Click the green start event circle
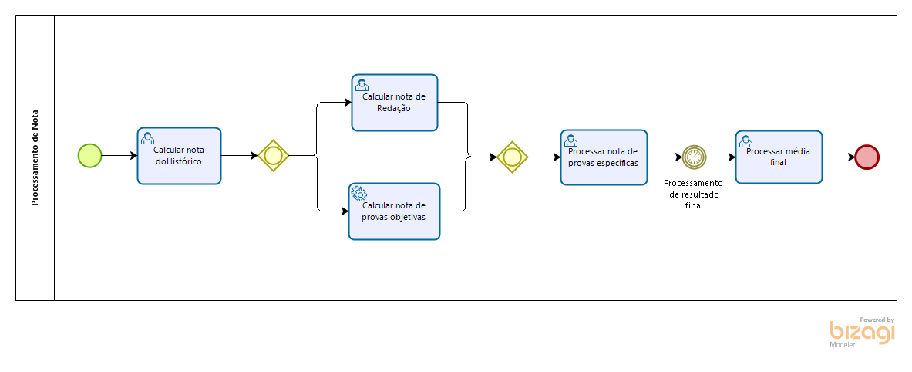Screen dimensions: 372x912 point(89,156)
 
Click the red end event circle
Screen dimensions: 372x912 point(867,157)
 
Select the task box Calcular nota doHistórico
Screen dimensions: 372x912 point(179,156)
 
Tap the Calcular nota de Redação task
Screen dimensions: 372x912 point(394,103)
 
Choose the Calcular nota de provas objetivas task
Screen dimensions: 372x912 point(394,211)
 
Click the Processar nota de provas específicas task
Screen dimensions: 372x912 point(604,157)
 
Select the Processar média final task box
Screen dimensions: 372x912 point(778,157)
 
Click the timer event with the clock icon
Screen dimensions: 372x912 point(693,157)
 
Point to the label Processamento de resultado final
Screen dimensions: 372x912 point(693,194)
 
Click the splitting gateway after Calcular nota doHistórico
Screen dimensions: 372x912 point(273,156)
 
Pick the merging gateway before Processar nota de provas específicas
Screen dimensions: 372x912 point(512,157)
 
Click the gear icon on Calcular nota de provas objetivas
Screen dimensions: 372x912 point(358,193)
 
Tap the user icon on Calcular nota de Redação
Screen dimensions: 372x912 point(361,84)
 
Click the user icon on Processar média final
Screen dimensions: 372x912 point(745,140)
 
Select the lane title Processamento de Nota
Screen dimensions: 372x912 point(35,158)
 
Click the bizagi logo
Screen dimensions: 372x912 point(862,332)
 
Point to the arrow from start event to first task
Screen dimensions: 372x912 point(119,156)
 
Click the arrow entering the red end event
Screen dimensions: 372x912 point(839,157)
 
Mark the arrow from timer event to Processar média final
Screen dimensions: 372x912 point(720,157)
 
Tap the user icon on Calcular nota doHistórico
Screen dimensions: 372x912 point(147,138)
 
